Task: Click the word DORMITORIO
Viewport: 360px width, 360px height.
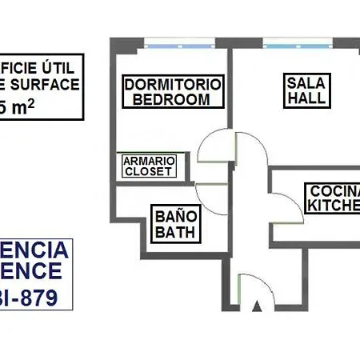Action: (173, 85)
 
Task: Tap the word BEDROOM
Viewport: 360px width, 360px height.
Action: (172, 99)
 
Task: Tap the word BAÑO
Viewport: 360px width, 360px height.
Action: (174, 216)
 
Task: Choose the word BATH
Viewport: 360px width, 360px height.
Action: (174, 233)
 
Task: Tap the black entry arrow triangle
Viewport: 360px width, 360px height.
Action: (257, 306)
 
